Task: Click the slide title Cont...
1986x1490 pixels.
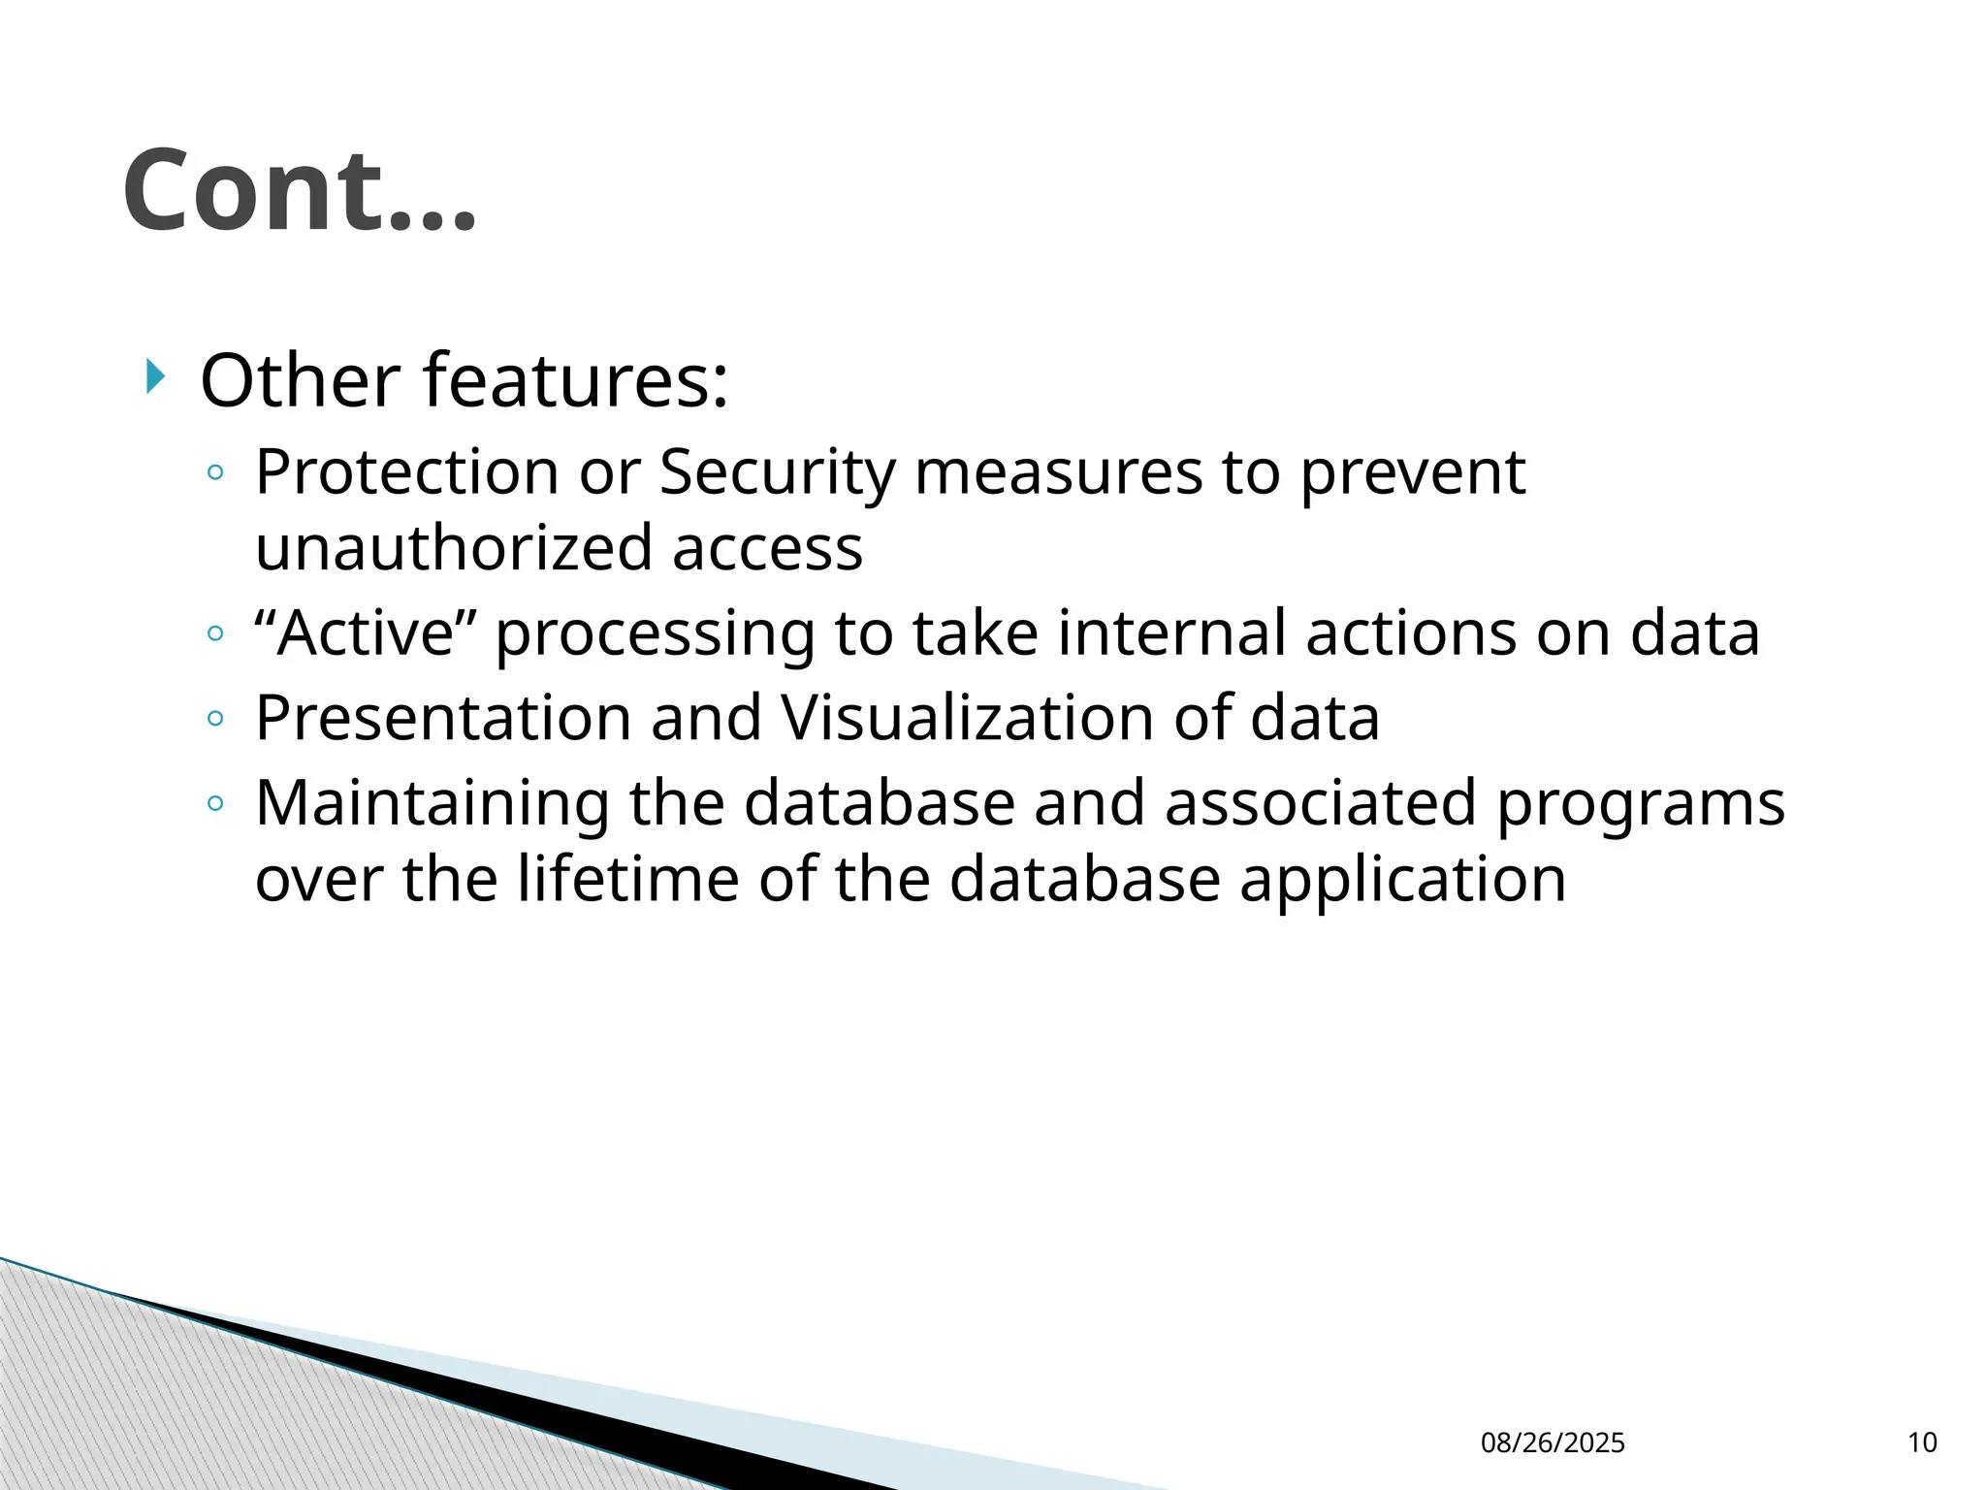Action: [x=299, y=191]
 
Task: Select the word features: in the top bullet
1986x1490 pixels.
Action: [x=576, y=380]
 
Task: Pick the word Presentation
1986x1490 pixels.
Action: [x=442, y=719]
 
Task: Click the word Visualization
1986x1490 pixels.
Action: [x=968, y=719]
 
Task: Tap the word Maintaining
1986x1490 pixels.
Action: [x=432, y=804]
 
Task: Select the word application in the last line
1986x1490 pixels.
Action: [x=1402, y=881]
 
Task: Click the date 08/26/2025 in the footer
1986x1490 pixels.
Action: [x=1553, y=1442]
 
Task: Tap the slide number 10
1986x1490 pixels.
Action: [x=1922, y=1442]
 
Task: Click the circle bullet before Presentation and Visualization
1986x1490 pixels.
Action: [x=215, y=719]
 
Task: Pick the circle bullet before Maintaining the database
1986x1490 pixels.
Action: [x=215, y=803]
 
